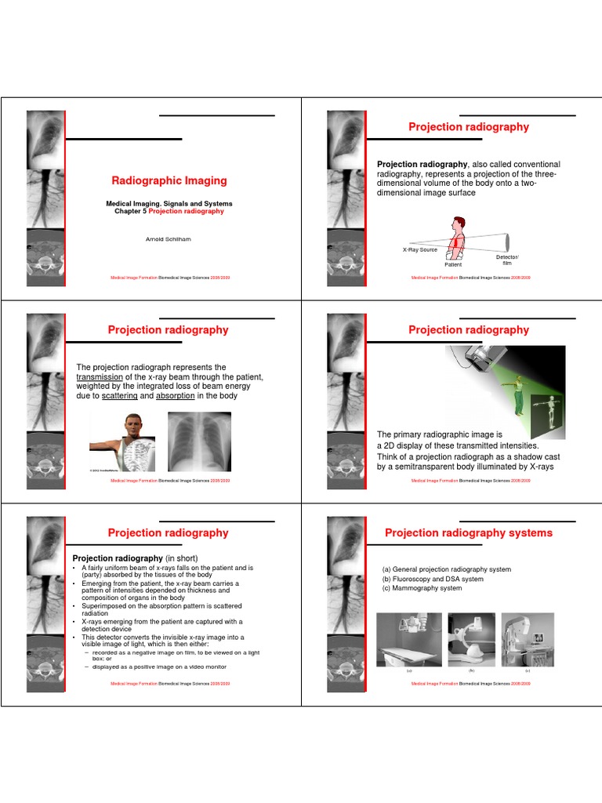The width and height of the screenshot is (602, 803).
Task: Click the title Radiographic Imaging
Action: pos(169,181)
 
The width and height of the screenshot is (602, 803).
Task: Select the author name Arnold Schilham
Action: pos(169,239)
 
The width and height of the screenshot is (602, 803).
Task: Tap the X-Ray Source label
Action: pos(420,249)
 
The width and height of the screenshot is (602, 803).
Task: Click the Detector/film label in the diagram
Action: pos(506,260)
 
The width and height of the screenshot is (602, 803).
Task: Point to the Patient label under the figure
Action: pos(453,265)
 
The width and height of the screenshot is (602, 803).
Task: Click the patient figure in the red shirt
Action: pos(457,238)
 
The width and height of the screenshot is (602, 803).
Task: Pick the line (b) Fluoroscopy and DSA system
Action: pos(433,580)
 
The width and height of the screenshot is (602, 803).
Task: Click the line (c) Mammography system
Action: pos(422,589)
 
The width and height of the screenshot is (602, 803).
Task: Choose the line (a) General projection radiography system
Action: pos(446,570)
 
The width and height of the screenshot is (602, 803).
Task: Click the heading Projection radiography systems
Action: pos(469,533)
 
